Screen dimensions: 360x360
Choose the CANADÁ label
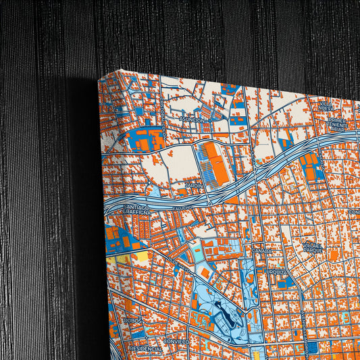[262, 250]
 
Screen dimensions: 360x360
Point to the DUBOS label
[134, 321]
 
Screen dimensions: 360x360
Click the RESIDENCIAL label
[145, 349]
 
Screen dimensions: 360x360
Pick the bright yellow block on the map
[143, 256]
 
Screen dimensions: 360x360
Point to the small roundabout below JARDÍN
[209, 201]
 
